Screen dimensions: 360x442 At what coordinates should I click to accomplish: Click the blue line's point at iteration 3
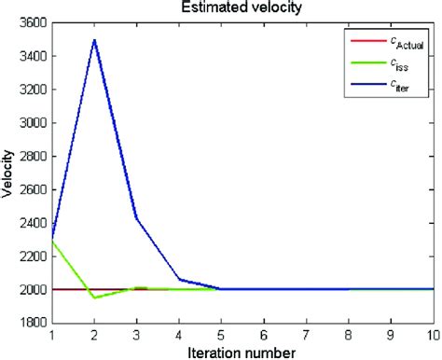137,217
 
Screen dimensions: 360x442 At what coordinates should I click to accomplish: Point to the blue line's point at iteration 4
179,279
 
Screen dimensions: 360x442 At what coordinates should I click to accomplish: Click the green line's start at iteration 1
53,241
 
